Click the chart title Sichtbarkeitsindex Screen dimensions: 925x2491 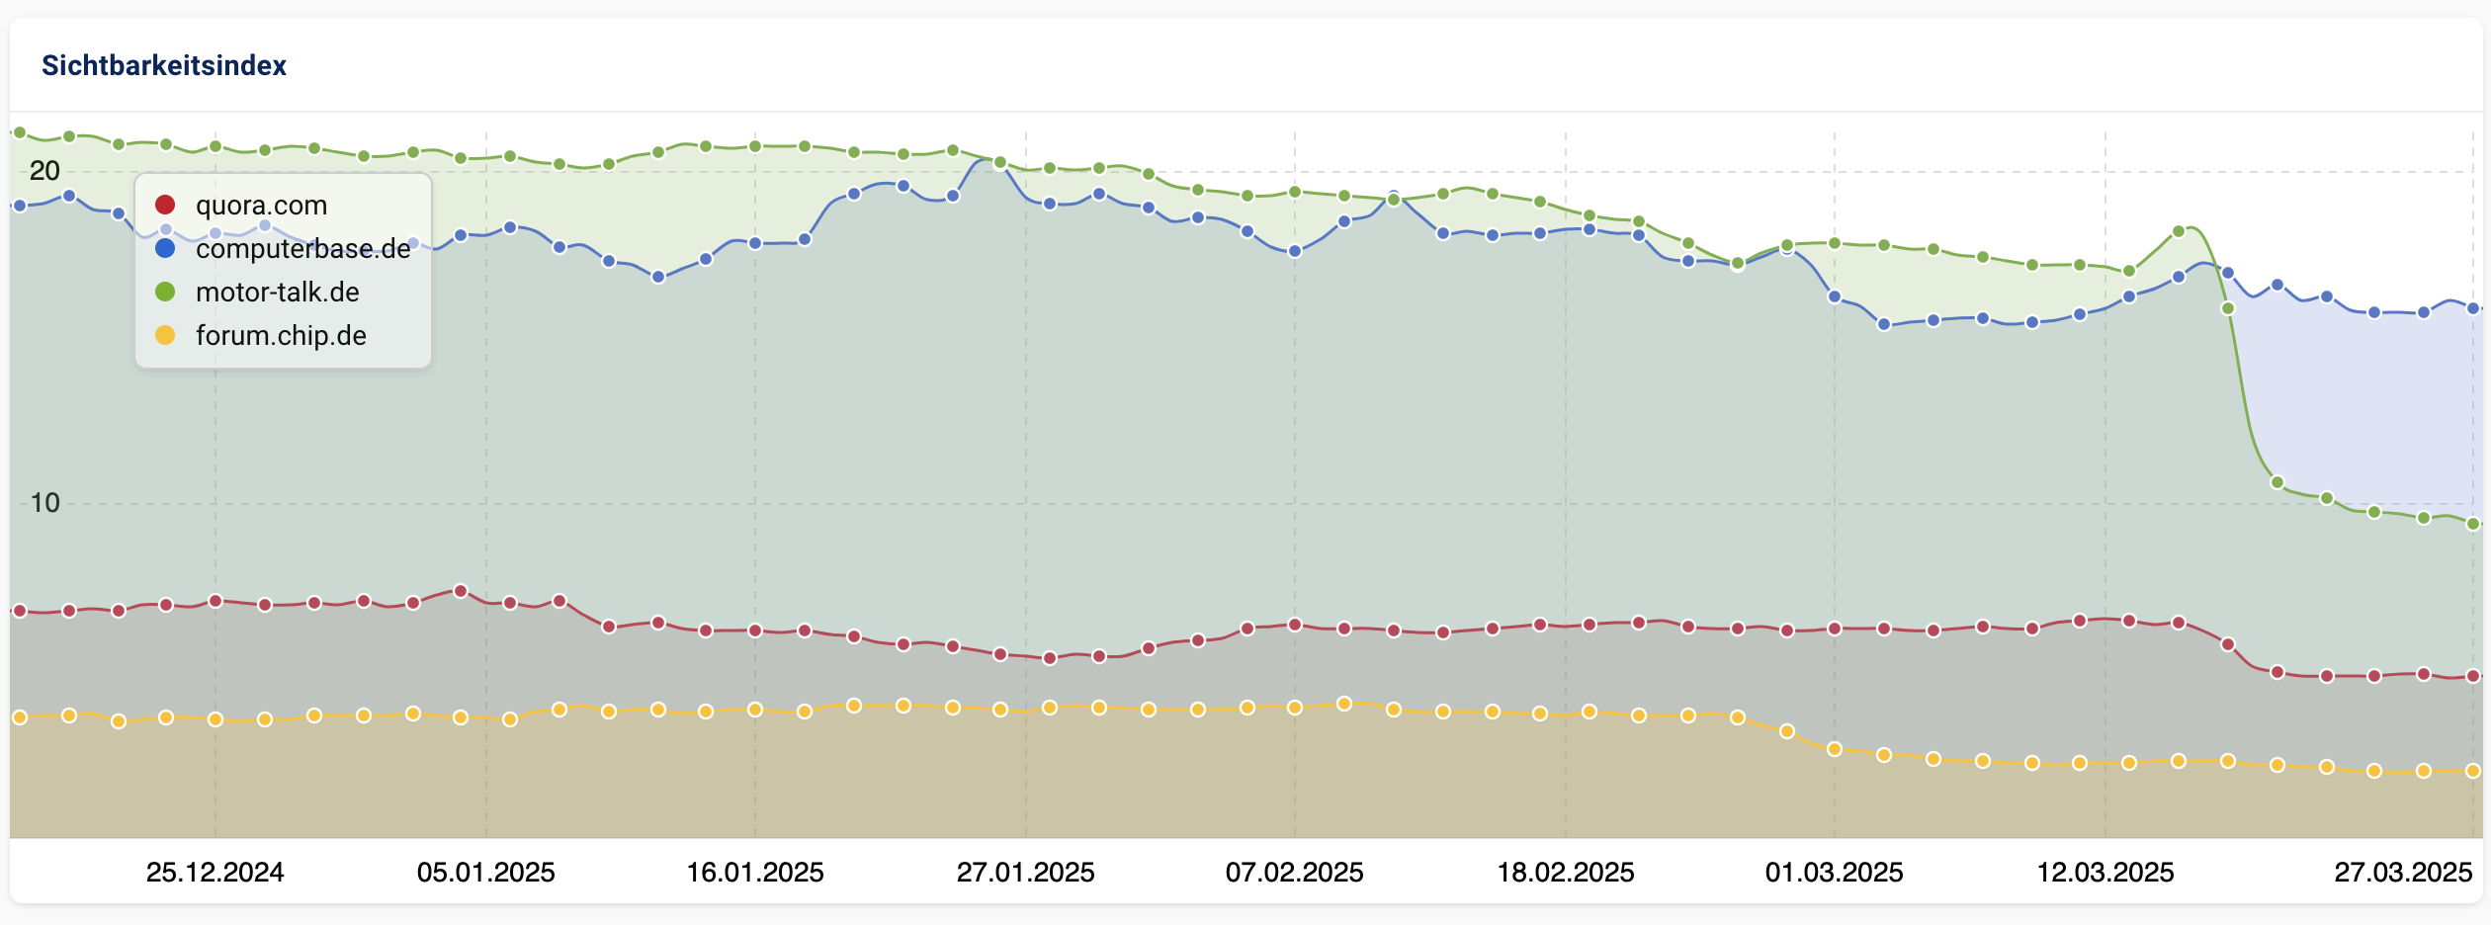click(x=164, y=65)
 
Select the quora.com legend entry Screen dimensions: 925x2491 click(x=261, y=206)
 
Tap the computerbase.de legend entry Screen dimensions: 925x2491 click(x=302, y=249)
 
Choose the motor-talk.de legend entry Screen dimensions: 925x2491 click(x=277, y=293)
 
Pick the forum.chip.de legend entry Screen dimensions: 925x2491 click(x=281, y=336)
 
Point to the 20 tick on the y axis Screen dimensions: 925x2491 click(x=44, y=171)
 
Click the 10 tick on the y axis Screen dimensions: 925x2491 click(x=44, y=503)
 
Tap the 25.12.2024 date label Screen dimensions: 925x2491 click(x=215, y=873)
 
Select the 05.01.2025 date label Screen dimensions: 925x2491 click(x=485, y=873)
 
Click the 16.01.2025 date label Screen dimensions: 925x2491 click(x=755, y=873)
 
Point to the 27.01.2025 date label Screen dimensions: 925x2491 click(x=1025, y=873)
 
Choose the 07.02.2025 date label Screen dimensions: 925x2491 click(x=1295, y=873)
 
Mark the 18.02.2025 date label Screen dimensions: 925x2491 click(x=1566, y=873)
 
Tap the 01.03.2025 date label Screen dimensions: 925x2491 click(x=1835, y=873)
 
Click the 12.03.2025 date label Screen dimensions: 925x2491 click(x=2105, y=873)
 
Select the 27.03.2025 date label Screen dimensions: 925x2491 click(x=2403, y=873)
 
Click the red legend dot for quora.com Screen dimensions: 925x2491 click(x=165, y=205)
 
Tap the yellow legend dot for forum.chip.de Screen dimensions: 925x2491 click(x=165, y=336)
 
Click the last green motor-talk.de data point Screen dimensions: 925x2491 click(x=2473, y=524)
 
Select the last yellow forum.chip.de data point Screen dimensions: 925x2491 click(x=2473, y=771)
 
